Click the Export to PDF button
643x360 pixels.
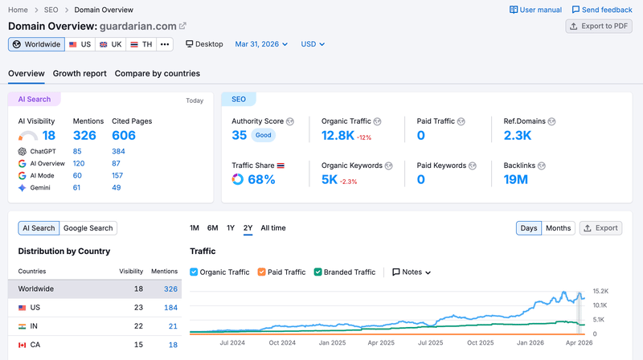tap(599, 27)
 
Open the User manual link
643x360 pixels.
tap(535, 10)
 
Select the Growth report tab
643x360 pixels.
tap(80, 73)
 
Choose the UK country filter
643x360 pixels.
tap(111, 44)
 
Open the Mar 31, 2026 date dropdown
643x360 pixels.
tap(261, 44)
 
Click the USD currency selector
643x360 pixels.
tap(313, 44)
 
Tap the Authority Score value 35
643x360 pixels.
tap(239, 135)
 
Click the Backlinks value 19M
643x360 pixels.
tap(515, 179)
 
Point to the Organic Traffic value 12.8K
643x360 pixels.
tap(338, 135)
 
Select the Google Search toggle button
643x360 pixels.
tap(88, 228)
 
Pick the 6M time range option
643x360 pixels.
tap(212, 228)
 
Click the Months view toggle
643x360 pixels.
tap(558, 228)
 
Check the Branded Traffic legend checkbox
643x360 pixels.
tap(317, 272)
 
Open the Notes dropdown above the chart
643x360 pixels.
tap(412, 272)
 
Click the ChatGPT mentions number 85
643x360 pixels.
tap(77, 151)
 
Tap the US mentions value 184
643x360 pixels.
tap(170, 308)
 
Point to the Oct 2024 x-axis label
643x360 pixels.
tap(282, 343)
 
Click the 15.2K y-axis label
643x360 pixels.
tap(600, 291)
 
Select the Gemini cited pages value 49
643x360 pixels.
tap(117, 187)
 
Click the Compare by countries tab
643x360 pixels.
tap(158, 73)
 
